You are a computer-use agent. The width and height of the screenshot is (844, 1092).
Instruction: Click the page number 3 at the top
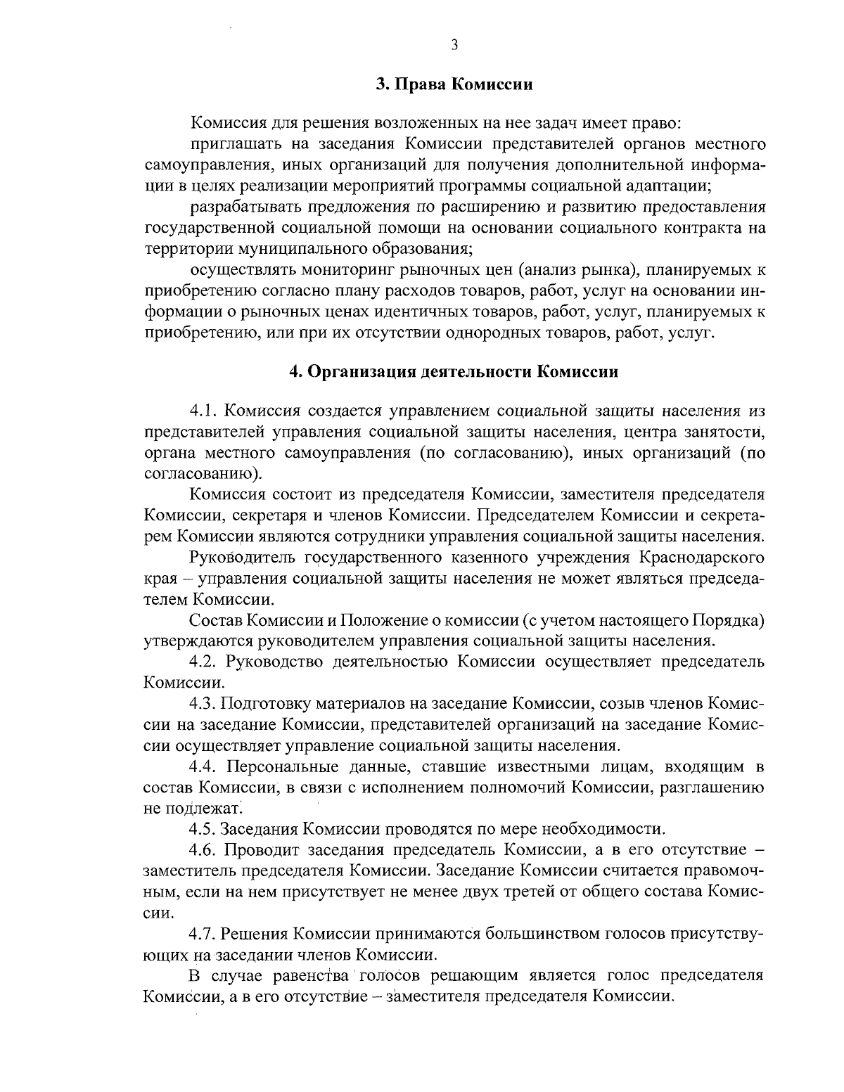(x=454, y=45)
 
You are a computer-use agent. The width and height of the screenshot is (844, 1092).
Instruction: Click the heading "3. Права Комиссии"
(x=454, y=85)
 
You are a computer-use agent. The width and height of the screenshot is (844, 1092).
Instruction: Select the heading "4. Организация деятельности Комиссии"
(x=454, y=371)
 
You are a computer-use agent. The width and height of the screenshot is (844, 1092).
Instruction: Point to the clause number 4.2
(x=204, y=662)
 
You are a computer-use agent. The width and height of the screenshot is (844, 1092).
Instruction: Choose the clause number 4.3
(x=204, y=704)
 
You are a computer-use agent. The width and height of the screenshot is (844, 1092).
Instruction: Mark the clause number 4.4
(x=204, y=766)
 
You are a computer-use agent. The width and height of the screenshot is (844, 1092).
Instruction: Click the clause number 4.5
(x=204, y=828)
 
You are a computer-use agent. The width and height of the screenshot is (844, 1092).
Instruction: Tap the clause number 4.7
(x=204, y=934)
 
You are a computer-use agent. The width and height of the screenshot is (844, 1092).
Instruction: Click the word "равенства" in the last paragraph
(x=317, y=976)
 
